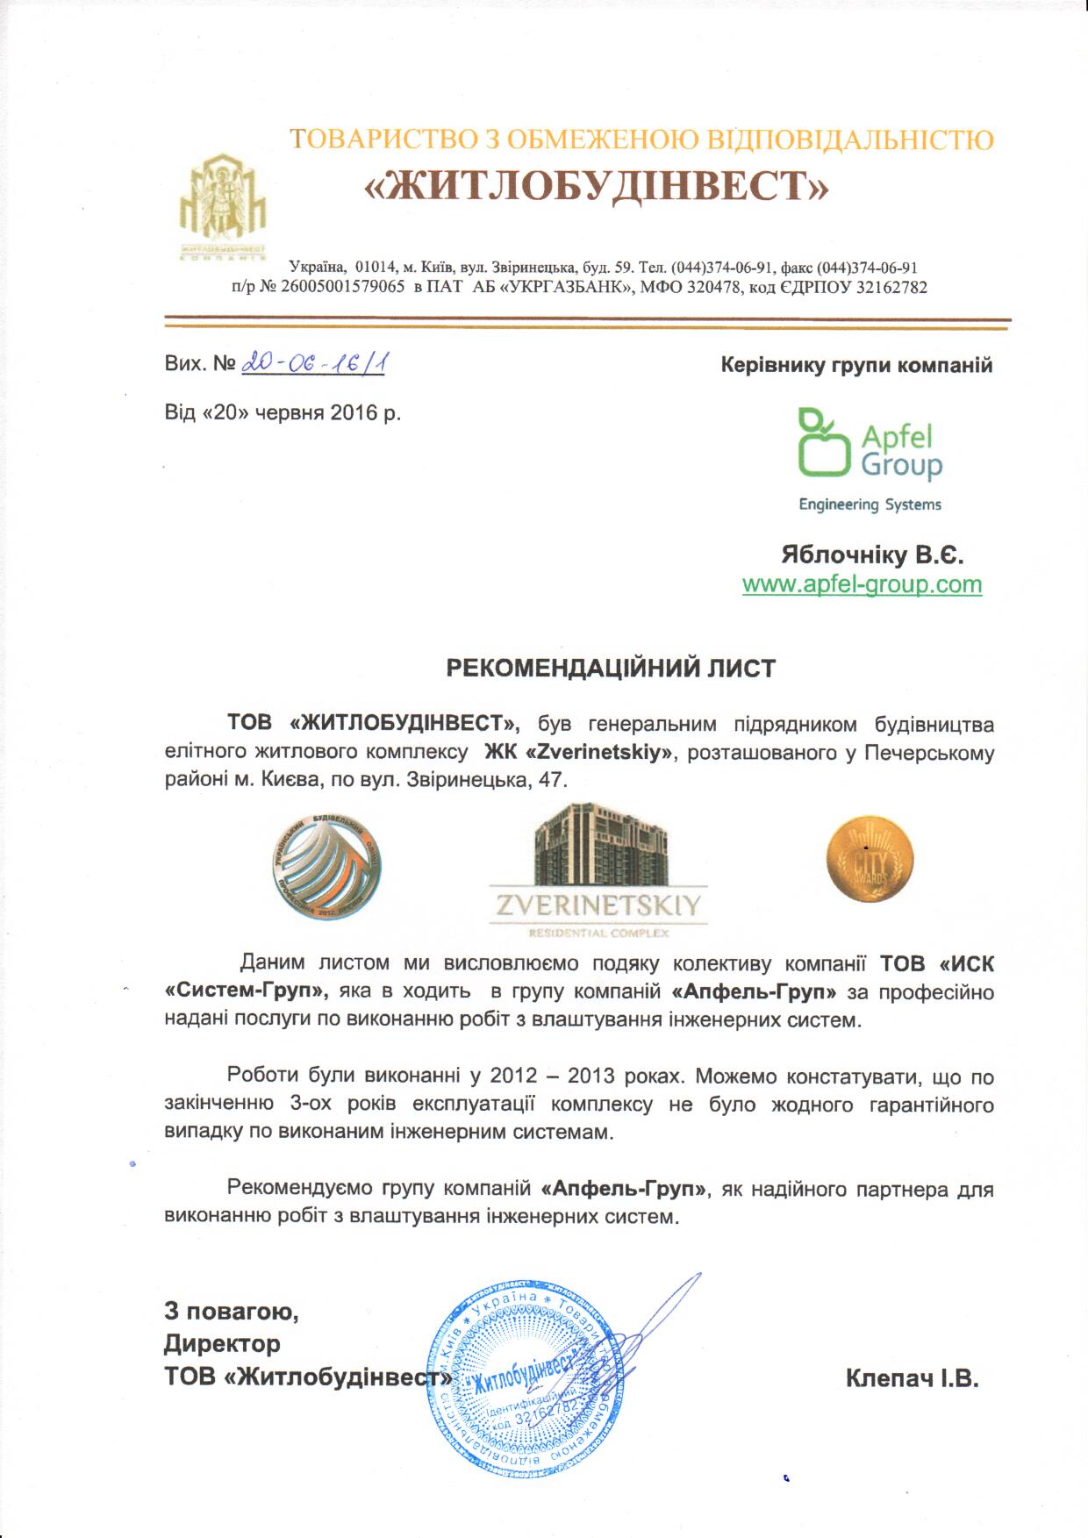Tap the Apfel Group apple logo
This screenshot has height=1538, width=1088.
click(825, 443)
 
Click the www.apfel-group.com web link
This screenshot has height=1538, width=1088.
click(862, 584)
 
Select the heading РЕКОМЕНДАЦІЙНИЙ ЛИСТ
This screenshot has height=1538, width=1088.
click(612, 669)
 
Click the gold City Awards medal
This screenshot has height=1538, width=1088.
click(870, 857)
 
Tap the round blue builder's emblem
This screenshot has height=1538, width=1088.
click(326, 865)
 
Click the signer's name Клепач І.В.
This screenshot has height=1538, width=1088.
click(912, 1378)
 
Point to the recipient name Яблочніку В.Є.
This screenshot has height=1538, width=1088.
click(872, 555)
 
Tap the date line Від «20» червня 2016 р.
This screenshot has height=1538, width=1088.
click(283, 411)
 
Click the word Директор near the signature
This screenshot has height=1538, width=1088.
click(222, 1343)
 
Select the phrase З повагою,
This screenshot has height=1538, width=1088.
click(231, 1312)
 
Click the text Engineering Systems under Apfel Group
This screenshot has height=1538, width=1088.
click(870, 504)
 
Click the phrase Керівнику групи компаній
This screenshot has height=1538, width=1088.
click(856, 365)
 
